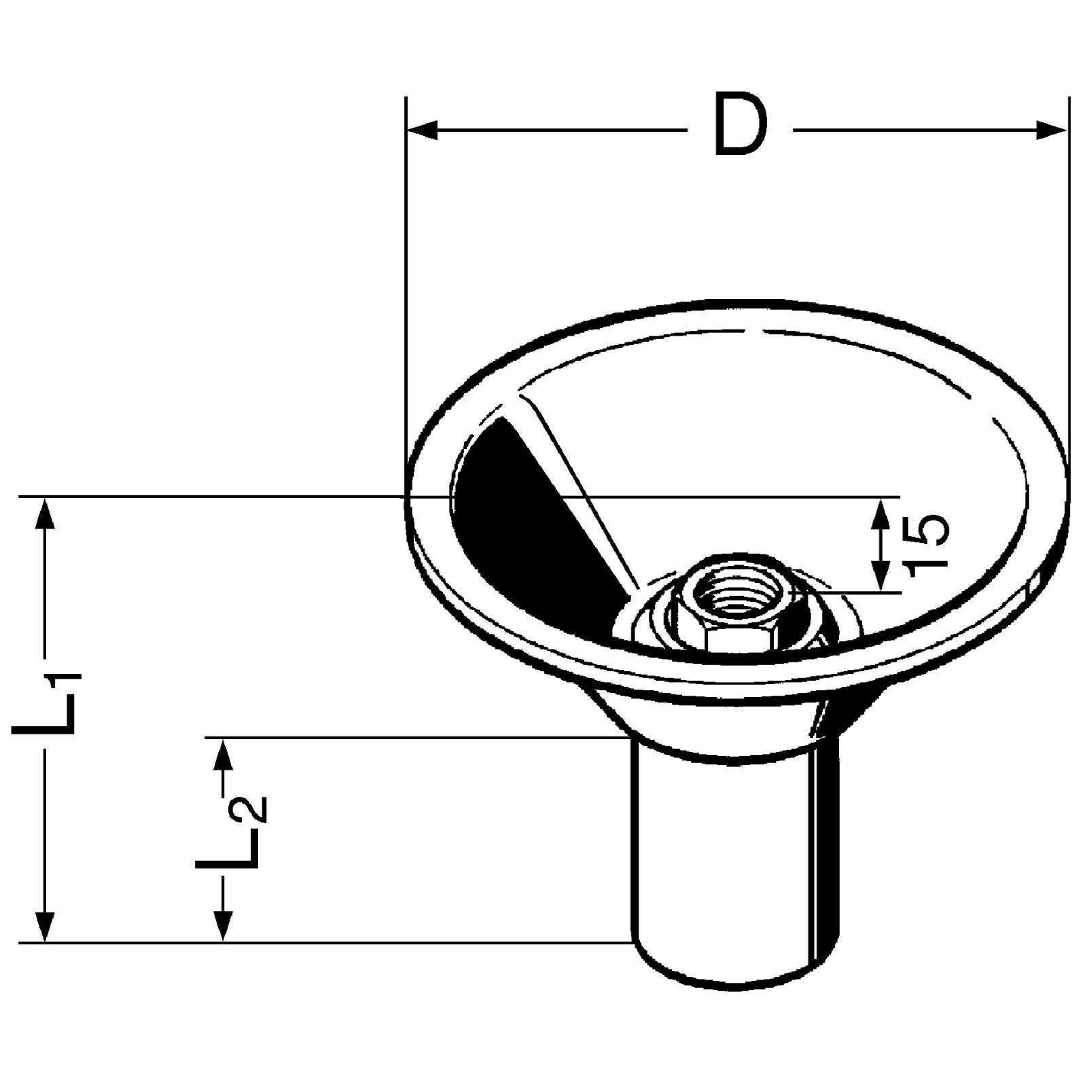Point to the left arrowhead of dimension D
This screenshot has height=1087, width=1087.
pos(422,130)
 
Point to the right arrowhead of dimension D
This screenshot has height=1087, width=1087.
pos(1052,130)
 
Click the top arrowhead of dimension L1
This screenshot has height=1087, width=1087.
pos(46,513)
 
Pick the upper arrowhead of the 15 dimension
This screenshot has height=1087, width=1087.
pos(881,513)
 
